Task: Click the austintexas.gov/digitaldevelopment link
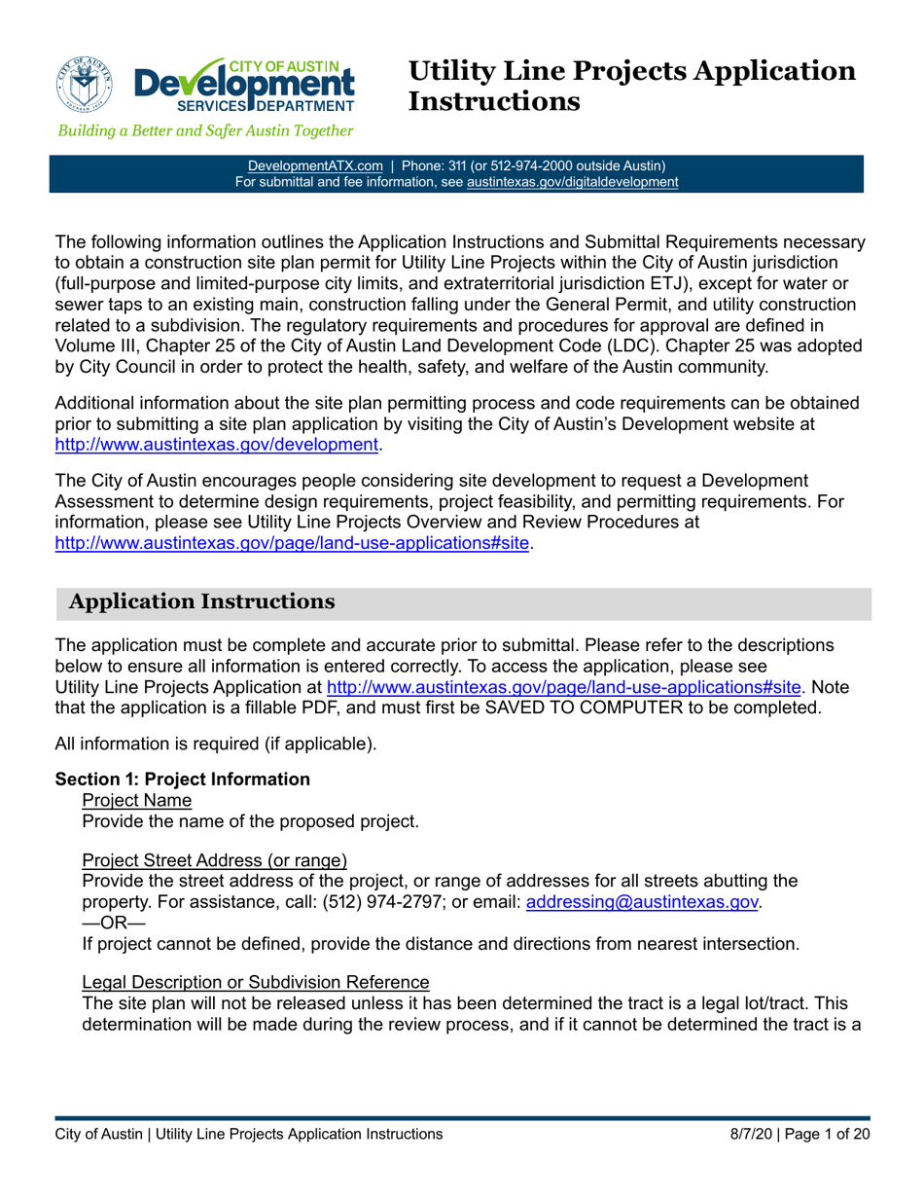pyautogui.click(x=572, y=181)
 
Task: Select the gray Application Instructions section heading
pyautogui.click(x=203, y=602)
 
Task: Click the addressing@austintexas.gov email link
pyautogui.click(x=641, y=902)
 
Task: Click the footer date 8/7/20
pyautogui.click(x=754, y=1135)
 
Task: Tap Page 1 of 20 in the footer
pyautogui.click(x=829, y=1135)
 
